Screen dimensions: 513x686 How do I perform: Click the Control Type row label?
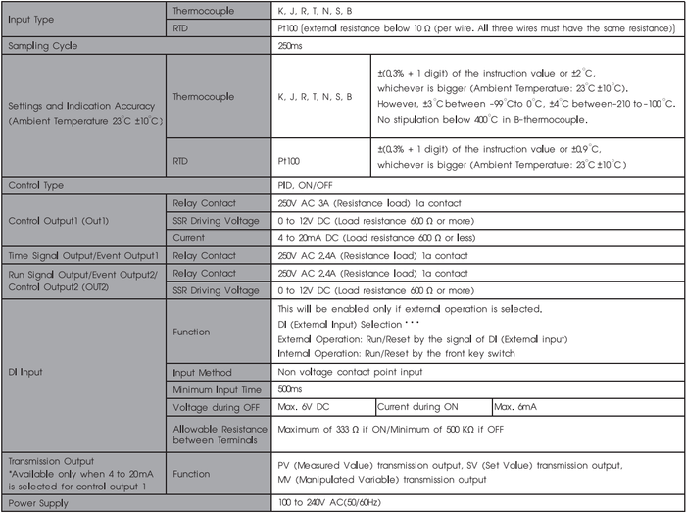click(36, 185)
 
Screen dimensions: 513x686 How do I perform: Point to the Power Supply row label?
click(36, 502)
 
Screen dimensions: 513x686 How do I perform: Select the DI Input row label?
click(25, 372)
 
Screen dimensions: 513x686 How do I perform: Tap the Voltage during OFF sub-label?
click(215, 406)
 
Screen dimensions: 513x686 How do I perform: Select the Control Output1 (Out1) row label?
click(62, 220)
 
